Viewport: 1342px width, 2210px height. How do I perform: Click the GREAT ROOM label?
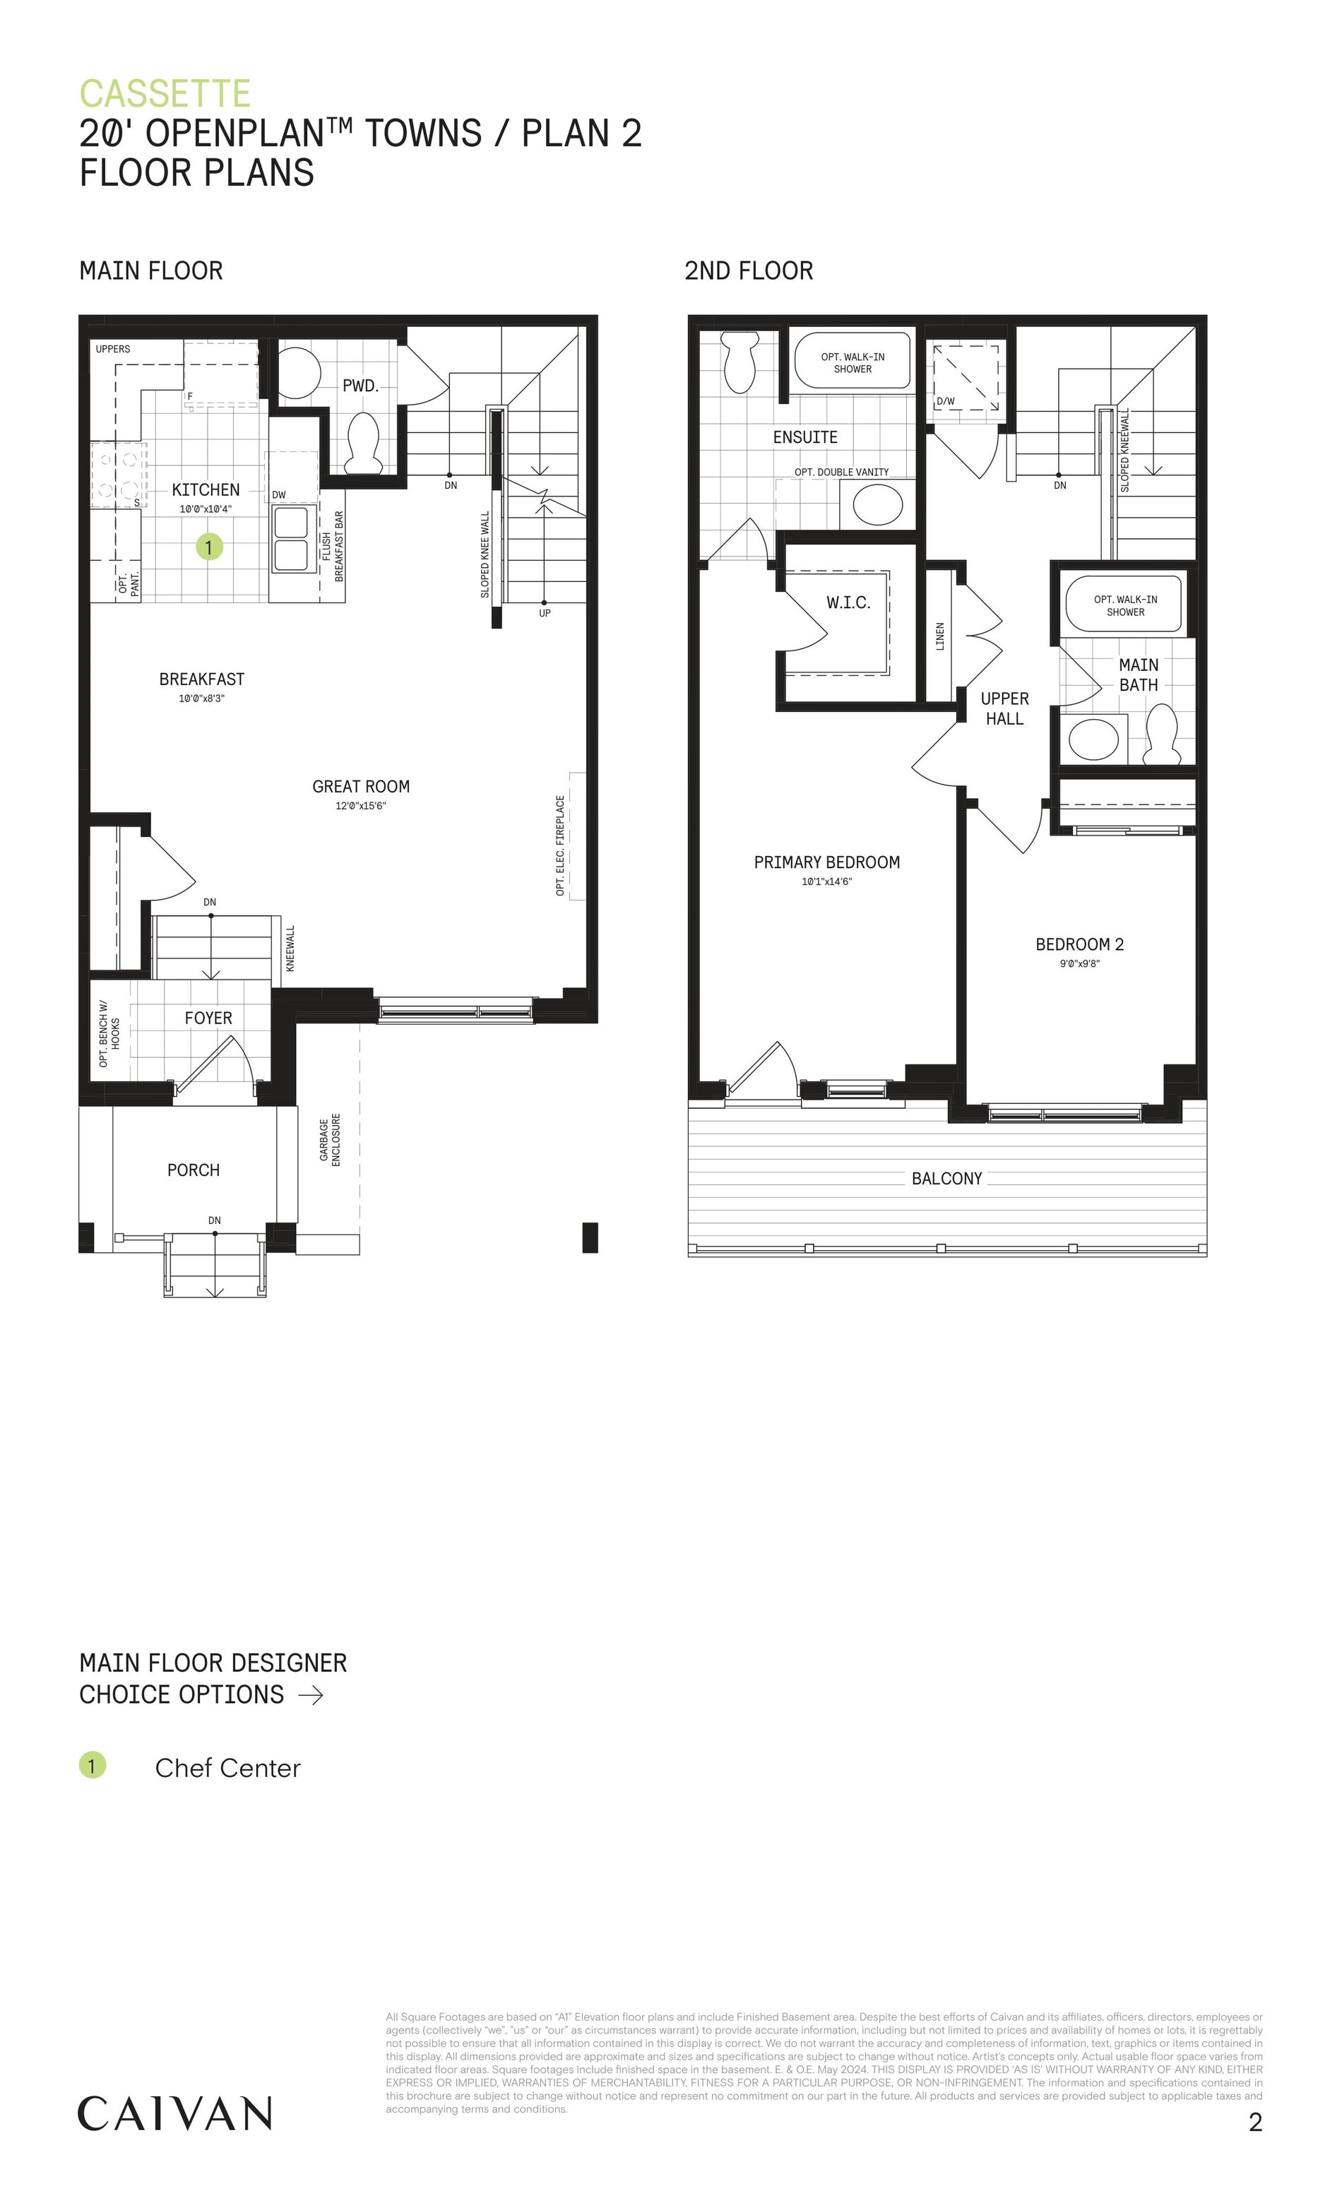click(x=361, y=787)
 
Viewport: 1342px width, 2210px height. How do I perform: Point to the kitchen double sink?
click(x=295, y=537)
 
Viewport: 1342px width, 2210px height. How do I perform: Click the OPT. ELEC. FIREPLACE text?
click(x=561, y=845)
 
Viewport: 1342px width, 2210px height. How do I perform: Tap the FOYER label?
click(x=208, y=1018)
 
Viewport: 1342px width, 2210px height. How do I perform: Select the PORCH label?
click(x=193, y=1170)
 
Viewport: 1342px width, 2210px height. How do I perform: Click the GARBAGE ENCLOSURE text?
click(x=330, y=1140)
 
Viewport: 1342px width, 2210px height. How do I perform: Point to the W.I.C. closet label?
click(x=848, y=602)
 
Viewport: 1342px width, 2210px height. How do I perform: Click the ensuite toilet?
click(x=740, y=362)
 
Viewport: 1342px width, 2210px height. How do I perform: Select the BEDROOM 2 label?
click(x=1079, y=944)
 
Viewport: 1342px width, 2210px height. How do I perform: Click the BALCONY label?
click(x=946, y=1179)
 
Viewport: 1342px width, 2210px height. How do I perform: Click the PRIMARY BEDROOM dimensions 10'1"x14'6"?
click(x=826, y=881)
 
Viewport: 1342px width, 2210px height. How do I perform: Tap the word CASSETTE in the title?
click(x=165, y=93)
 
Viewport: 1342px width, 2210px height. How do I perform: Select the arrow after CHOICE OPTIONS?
click(x=310, y=1694)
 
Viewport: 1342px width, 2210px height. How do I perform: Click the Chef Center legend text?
click(x=228, y=1768)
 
